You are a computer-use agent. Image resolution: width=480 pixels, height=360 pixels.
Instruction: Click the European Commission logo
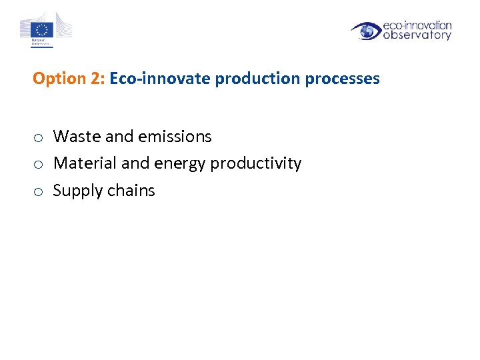(45, 31)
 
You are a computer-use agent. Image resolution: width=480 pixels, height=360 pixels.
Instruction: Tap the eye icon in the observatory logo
(366, 31)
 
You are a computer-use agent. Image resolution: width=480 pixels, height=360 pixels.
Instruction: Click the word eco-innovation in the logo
(417, 25)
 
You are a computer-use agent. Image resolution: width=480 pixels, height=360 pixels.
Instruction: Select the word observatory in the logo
(417, 35)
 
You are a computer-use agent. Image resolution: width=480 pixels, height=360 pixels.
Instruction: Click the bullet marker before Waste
(39, 137)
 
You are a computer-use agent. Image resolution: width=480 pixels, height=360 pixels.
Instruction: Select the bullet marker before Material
(39, 164)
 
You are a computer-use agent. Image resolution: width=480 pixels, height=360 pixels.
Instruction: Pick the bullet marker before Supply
(39, 191)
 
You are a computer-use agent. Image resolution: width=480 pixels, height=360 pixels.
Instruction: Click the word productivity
(256, 164)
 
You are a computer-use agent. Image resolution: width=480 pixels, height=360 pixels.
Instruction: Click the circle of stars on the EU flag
(43, 29)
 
